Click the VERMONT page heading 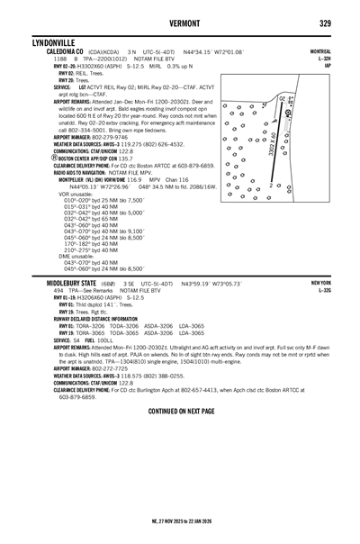(x=180, y=23)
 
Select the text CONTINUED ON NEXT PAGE (x=180, y=410)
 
